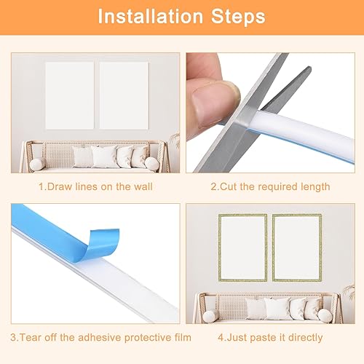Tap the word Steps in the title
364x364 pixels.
tap(237, 15)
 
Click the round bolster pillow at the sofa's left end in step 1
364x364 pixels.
tap(36, 165)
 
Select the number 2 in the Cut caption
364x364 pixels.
tap(213, 187)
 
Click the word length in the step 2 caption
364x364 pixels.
tap(314, 187)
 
